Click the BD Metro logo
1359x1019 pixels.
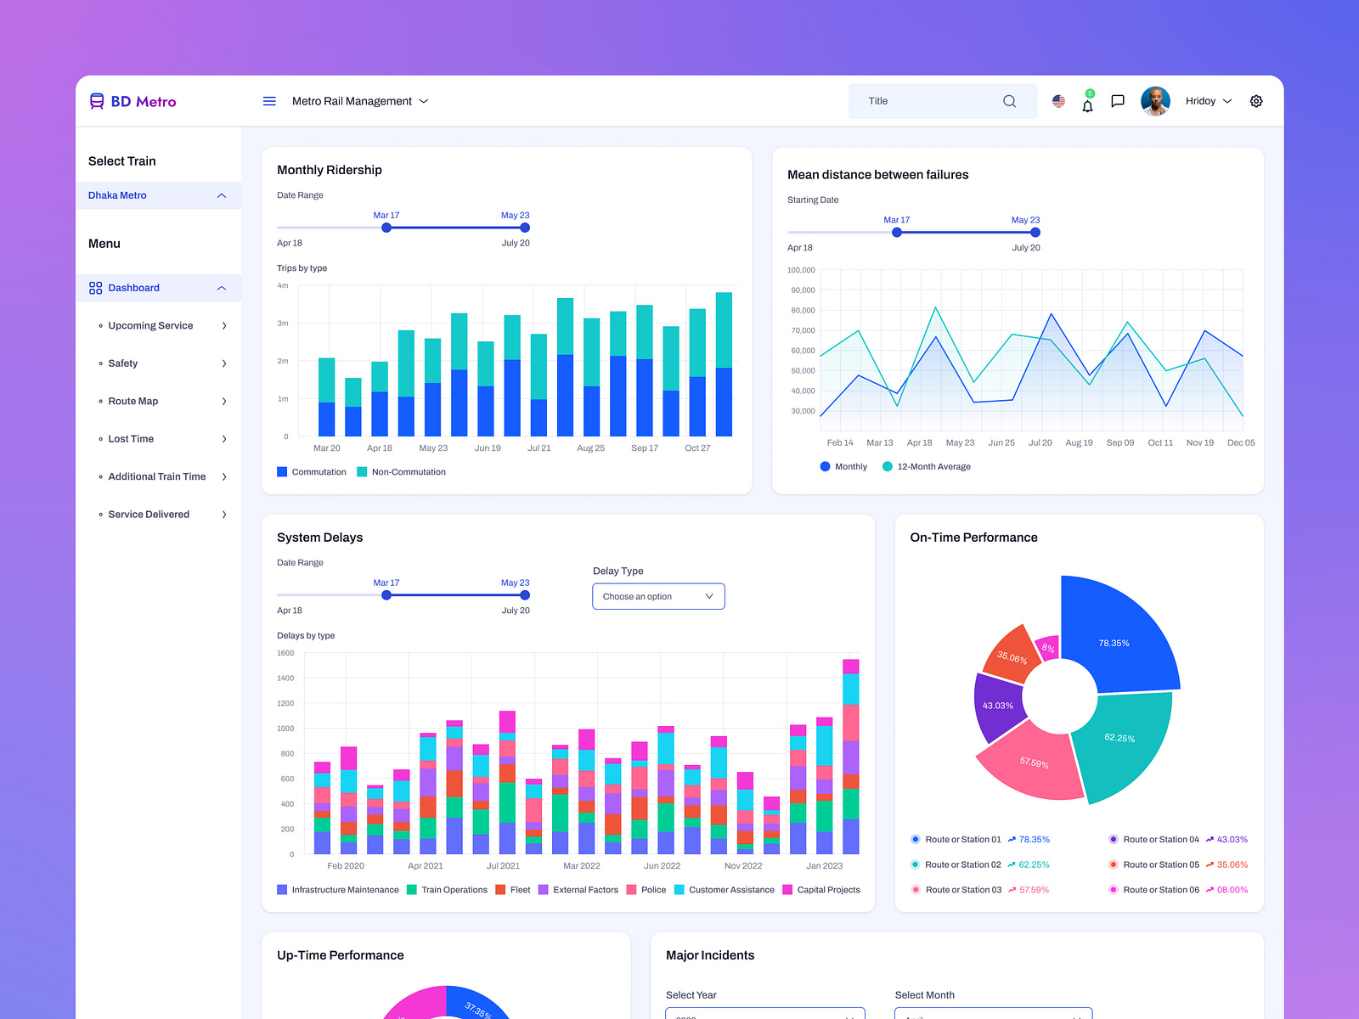coord(133,101)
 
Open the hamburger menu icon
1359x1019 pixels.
coord(269,101)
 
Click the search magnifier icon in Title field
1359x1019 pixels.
coord(1009,101)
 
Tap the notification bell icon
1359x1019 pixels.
coord(1087,105)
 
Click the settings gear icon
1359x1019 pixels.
coord(1256,101)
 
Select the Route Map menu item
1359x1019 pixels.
coord(133,401)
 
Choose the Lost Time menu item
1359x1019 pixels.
coord(131,439)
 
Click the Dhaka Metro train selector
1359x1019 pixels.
coord(158,195)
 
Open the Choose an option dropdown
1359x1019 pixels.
coord(658,596)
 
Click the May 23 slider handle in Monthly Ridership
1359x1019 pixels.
coord(525,228)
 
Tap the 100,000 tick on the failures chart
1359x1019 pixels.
coord(801,270)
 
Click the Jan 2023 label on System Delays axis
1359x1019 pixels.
coord(824,866)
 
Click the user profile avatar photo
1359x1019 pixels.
coord(1155,101)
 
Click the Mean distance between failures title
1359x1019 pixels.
coord(877,175)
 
